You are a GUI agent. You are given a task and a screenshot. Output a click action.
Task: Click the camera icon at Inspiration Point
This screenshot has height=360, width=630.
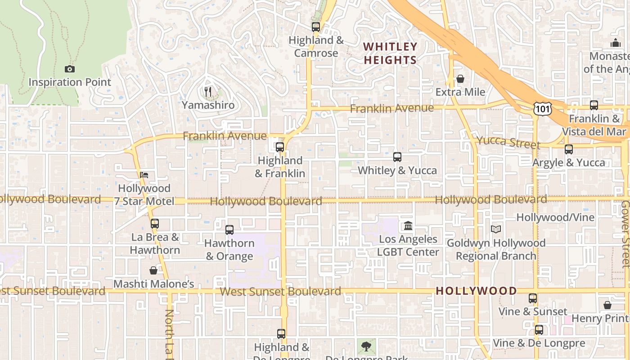click(x=69, y=69)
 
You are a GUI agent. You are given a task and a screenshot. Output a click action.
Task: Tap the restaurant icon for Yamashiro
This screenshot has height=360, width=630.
click(x=208, y=92)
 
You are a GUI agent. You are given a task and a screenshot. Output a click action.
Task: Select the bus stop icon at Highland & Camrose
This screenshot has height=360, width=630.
click(x=316, y=27)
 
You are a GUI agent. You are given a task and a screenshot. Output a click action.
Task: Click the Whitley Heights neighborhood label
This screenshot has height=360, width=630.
click(x=390, y=53)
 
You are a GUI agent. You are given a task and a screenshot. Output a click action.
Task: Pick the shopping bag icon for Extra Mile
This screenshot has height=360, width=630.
click(x=460, y=79)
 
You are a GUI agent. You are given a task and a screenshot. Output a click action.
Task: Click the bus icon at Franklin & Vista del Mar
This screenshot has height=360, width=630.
click(x=594, y=105)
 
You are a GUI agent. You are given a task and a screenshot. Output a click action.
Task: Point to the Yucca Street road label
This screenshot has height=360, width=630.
click(x=508, y=142)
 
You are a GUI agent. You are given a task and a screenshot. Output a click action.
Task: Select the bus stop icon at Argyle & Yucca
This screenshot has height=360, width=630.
click(x=569, y=149)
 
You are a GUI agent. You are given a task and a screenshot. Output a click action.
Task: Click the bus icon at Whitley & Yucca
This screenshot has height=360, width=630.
click(x=397, y=157)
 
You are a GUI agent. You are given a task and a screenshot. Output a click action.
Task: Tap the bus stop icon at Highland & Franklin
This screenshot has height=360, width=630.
click(x=280, y=147)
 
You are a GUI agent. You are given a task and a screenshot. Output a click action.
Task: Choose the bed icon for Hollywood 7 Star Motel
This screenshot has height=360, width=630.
click(x=144, y=175)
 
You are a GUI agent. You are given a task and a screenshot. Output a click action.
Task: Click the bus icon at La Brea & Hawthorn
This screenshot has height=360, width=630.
click(x=155, y=224)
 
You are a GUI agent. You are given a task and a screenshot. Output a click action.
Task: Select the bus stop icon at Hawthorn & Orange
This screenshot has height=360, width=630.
click(x=229, y=230)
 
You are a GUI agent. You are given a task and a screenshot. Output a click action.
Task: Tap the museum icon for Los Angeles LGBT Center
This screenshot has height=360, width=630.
click(x=408, y=225)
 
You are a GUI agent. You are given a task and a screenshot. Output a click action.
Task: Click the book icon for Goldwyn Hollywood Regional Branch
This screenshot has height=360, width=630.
click(x=496, y=229)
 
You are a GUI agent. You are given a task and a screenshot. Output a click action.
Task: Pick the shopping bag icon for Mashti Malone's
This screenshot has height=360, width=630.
click(x=153, y=270)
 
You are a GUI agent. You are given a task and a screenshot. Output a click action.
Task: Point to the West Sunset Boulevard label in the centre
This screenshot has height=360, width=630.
click(x=280, y=291)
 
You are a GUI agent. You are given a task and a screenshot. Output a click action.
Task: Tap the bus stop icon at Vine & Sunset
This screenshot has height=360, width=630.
click(x=533, y=298)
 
